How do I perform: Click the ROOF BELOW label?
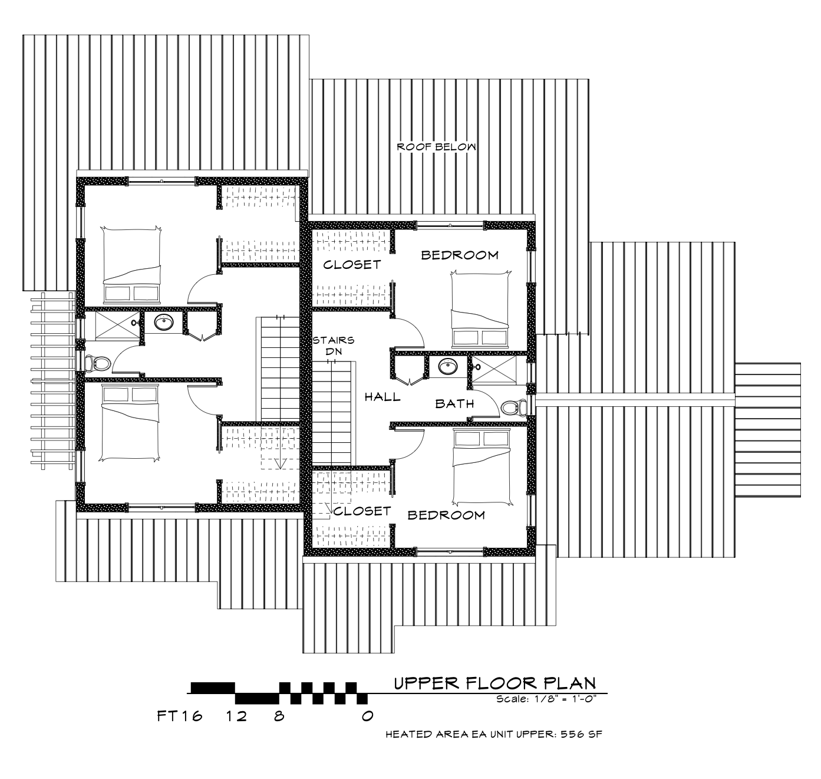436,147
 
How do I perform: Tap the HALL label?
382,397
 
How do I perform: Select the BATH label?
455,403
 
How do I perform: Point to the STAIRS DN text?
333,346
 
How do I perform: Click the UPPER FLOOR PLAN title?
495,683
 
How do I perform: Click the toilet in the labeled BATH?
515,407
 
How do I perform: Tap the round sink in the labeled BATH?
447,367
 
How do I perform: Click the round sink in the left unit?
164,322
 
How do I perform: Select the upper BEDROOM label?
459,255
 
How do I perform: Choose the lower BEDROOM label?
446,515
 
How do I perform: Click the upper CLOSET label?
352,265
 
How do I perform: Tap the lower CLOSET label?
362,511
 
